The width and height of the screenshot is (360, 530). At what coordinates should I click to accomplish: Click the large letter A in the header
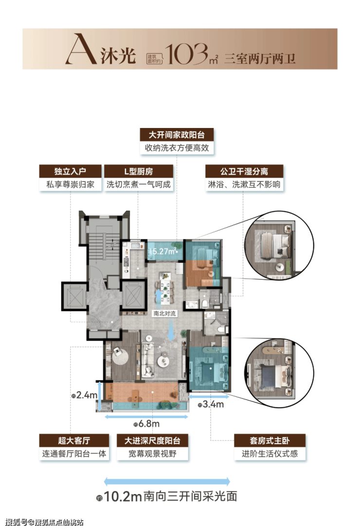80,49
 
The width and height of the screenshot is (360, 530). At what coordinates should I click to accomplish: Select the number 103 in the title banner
186,54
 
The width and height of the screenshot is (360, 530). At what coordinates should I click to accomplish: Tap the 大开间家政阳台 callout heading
177,135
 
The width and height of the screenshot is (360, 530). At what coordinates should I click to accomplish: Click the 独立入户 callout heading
71,171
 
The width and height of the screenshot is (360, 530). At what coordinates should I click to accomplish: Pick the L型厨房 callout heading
139,171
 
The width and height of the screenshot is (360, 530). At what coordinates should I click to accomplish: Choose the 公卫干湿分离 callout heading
244,171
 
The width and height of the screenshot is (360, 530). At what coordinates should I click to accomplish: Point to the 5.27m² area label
164,251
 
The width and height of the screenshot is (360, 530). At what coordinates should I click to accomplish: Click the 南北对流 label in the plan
164,313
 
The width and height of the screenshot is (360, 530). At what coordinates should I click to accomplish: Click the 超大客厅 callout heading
74,441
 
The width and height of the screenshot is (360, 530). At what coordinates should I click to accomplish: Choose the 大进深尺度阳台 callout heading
152,441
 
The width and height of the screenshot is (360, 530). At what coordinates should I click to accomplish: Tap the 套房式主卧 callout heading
270,441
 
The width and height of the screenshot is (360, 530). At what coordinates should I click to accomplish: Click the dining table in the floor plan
165,290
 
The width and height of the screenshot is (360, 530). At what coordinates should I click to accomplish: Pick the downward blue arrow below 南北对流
171,330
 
